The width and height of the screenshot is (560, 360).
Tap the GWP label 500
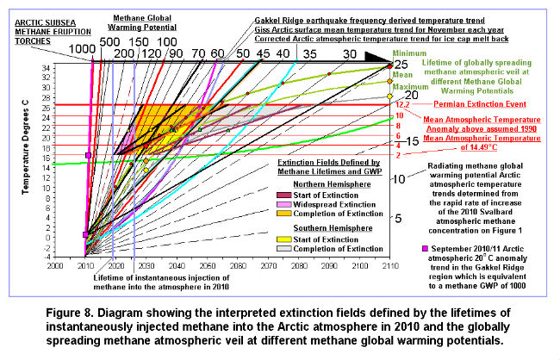110,40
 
